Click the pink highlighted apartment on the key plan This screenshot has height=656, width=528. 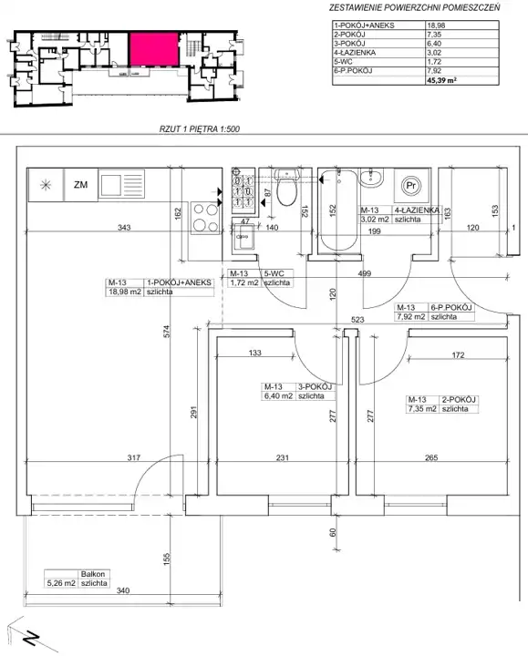[x=154, y=49]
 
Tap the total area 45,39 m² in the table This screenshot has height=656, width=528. [x=441, y=81]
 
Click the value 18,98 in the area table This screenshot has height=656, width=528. [x=436, y=26]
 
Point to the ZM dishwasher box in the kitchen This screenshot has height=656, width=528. [x=81, y=184]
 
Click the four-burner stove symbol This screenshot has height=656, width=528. [x=206, y=218]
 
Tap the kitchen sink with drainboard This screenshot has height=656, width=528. [x=122, y=184]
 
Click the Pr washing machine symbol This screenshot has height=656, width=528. [x=411, y=185]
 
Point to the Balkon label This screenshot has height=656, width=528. [x=93, y=574]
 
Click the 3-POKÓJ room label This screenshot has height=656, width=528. [x=315, y=387]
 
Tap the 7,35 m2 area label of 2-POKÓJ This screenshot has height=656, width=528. [x=422, y=409]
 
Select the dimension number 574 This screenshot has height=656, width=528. [x=167, y=332]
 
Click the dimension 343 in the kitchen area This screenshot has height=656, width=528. [x=124, y=228]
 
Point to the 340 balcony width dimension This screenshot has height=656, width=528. [x=123, y=590]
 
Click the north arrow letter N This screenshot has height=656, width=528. [x=31, y=638]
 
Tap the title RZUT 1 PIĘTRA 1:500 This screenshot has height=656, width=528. [x=200, y=128]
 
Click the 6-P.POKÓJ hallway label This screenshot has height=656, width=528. [x=450, y=308]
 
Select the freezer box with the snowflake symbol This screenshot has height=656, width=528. [x=46, y=185]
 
